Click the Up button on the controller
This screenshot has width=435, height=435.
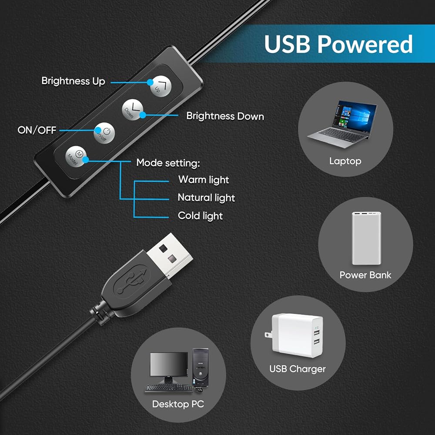point(161,86)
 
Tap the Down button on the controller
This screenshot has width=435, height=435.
point(133,110)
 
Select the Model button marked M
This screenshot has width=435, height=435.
point(76,157)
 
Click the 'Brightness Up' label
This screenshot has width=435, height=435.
point(73,81)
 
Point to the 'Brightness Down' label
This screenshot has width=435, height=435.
point(225,116)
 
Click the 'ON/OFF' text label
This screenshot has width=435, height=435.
point(37,130)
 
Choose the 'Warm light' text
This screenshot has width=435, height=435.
point(204,180)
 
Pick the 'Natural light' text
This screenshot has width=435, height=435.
point(206,197)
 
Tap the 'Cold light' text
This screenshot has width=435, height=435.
point(200,216)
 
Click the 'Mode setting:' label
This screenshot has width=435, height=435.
point(168,163)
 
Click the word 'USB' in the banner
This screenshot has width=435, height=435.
point(287,44)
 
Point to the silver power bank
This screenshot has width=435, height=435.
point(366,238)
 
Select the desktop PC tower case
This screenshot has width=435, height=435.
point(200,367)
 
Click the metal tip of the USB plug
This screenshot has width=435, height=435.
point(170,255)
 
